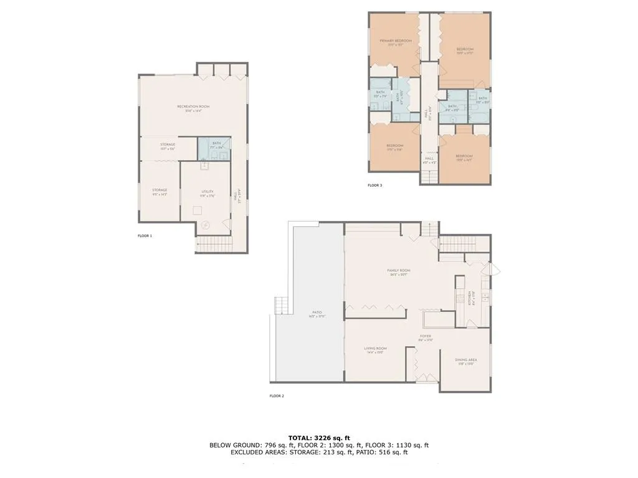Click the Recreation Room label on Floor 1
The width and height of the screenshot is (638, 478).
[193, 107]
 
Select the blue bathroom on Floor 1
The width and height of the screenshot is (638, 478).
[214, 148]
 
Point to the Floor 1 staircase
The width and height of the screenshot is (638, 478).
[214, 245]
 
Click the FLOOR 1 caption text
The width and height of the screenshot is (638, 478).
[145, 236]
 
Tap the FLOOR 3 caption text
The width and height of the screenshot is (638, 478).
[374, 185]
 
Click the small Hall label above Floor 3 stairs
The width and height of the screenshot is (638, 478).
[429, 159]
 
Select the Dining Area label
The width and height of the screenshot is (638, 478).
[466, 360]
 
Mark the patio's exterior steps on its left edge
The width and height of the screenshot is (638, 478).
[282, 306]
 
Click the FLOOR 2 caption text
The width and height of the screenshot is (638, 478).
[277, 396]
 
